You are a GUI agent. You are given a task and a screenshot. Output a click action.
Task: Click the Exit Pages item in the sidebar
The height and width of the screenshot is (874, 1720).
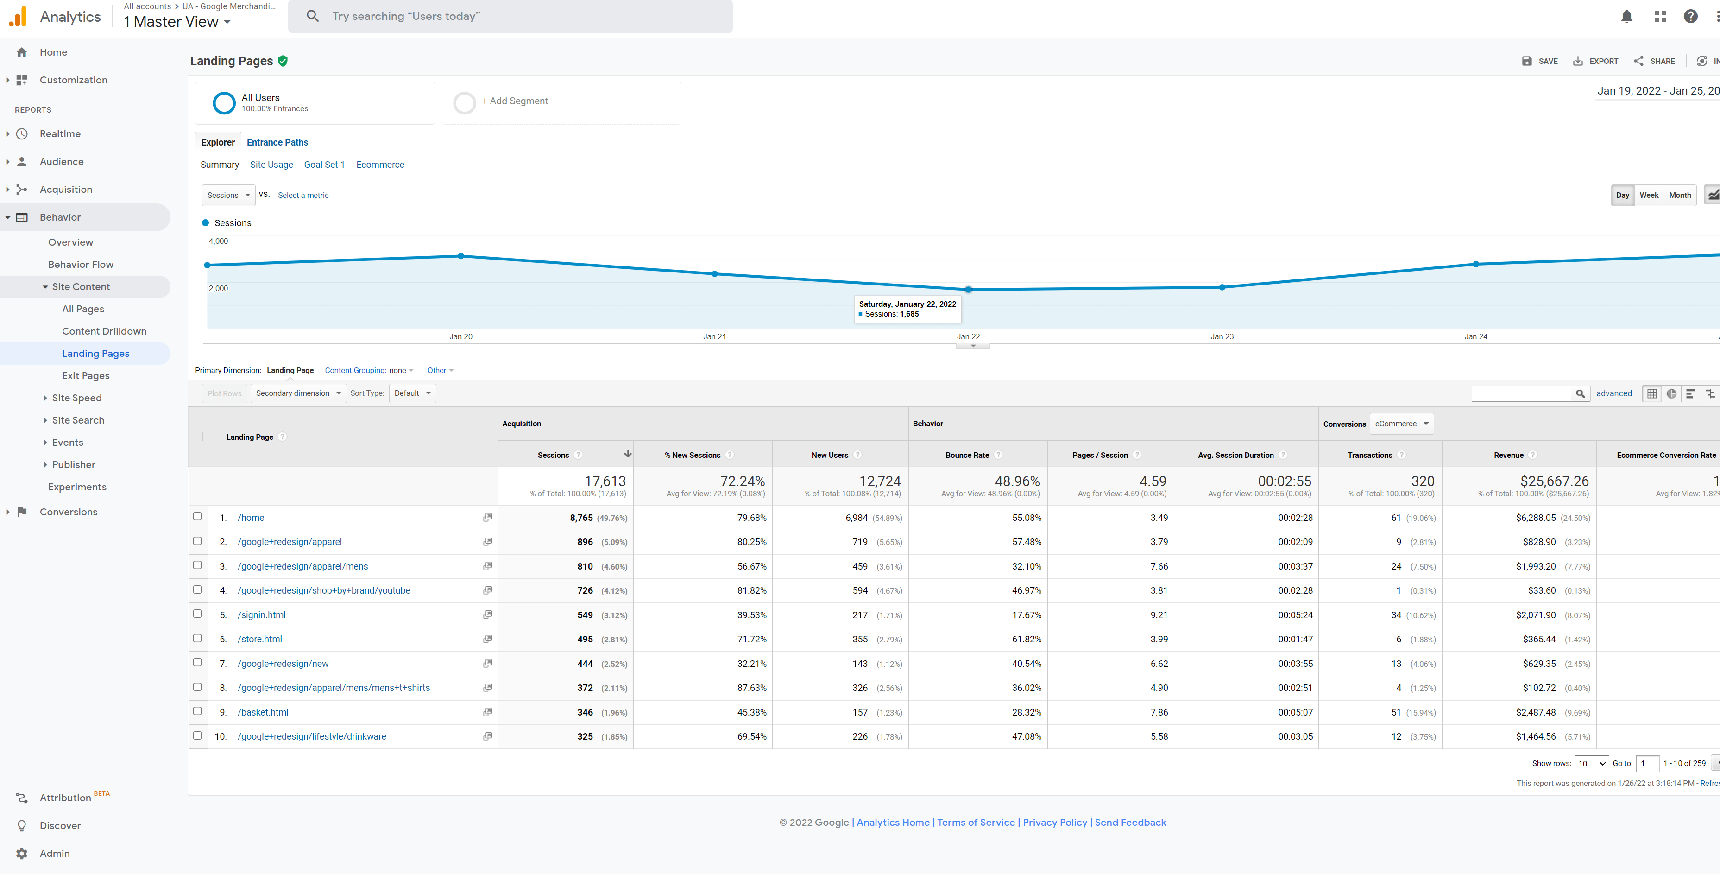tap(85, 375)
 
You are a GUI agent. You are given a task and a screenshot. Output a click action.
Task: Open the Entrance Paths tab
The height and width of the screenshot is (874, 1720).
tap(277, 142)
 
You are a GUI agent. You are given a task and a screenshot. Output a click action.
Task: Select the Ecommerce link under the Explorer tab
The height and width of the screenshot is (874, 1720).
tap(380, 165)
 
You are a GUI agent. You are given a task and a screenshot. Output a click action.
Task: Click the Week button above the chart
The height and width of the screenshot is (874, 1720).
tap(1649, 195)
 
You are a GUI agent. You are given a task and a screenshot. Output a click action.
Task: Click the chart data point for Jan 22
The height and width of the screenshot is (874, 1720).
tap(968, 289)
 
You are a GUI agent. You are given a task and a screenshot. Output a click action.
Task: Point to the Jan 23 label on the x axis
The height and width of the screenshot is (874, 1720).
tap(1222, 337)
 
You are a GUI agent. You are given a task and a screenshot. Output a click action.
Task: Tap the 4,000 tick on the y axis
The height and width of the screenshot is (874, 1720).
tap(218, 241)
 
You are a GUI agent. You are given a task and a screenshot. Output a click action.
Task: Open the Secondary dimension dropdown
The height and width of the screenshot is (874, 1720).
tap(298, 393)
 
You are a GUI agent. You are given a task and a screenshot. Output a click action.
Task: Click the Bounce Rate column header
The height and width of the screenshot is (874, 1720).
tap(967, 455)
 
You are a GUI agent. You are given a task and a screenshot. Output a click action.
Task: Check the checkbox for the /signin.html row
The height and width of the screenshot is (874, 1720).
tap(197, 614)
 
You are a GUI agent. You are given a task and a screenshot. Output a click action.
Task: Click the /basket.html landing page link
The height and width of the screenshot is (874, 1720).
tap(263, 712)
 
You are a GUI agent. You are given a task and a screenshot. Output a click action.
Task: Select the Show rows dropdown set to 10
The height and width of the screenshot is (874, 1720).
tap(1591, 764)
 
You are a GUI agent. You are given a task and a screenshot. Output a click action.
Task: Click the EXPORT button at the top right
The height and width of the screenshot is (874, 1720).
tap(1596, 61)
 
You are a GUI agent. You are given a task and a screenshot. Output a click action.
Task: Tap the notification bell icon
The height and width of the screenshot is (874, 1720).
tap(1626, 17)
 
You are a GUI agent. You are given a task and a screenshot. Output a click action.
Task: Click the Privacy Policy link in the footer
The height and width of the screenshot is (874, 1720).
tap(1055, 823)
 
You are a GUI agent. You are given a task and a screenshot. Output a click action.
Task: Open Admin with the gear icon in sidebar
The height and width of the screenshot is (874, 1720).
tap(22, 853)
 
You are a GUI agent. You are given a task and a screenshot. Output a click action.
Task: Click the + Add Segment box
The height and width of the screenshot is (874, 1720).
tap(561, 101)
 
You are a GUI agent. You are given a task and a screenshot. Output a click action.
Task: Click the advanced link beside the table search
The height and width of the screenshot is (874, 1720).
tap(1614, 393)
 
